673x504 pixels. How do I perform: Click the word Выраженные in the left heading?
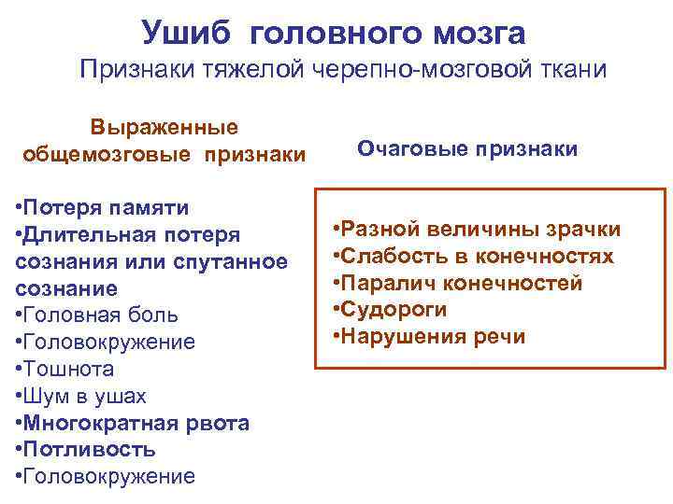point(164,126)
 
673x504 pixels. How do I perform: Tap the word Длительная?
point(94,234)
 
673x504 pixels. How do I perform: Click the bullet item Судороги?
point(393,310)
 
